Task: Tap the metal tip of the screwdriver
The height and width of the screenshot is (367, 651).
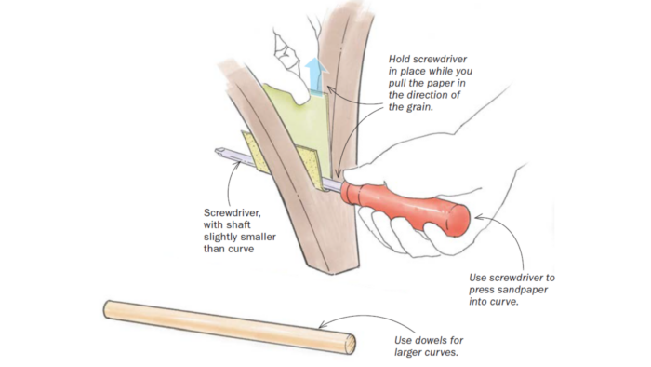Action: [220, 151]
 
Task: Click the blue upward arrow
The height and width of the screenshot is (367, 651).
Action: [315, 75]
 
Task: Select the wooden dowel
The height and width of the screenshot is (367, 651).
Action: [229, 327]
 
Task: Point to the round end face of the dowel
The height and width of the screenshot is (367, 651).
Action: [350, 345]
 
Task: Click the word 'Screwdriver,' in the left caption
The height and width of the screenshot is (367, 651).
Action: [232, 213]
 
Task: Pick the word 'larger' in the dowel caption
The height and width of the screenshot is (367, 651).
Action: [407, 353]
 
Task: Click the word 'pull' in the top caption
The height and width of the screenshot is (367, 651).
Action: [397, 84]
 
